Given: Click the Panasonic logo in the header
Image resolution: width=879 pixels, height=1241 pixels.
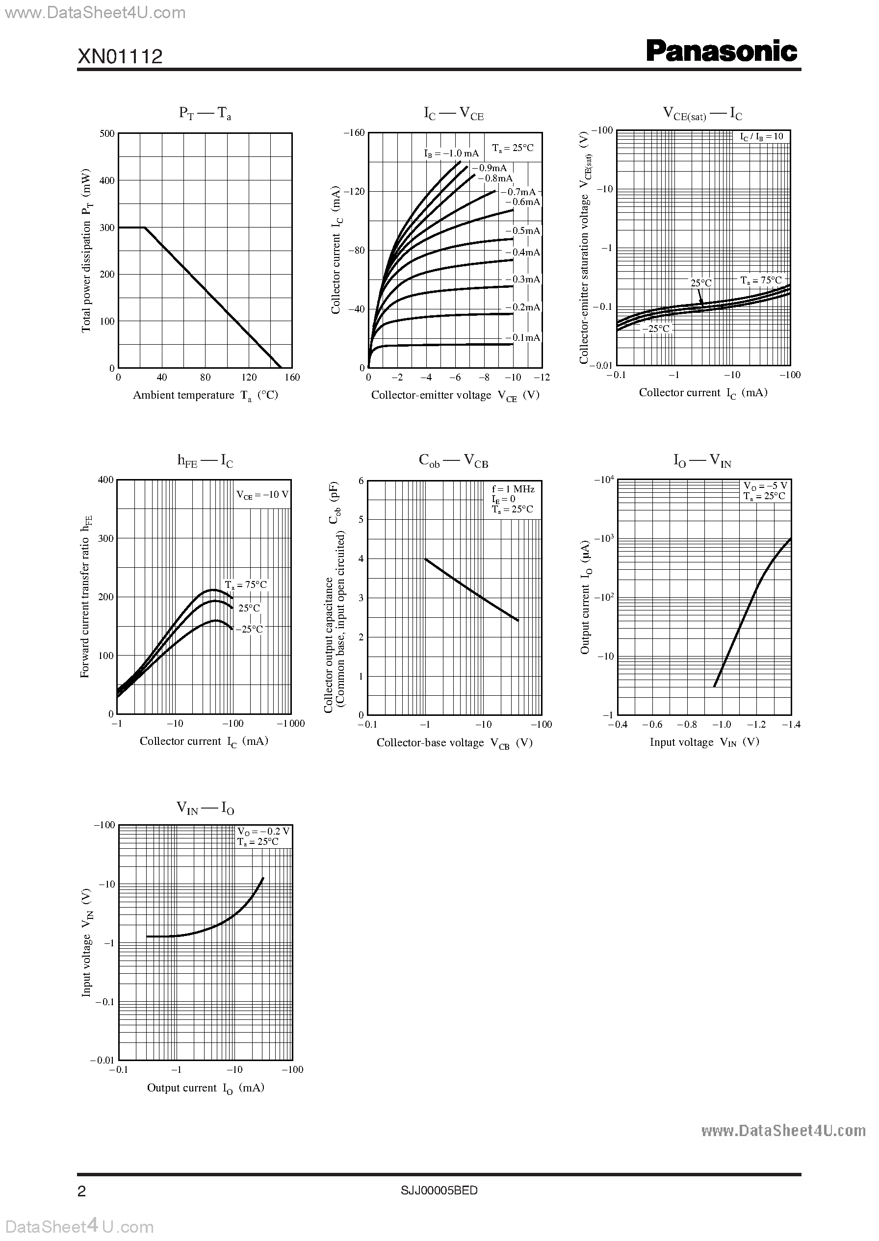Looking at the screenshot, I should pyautogui.click(x=722, y=52).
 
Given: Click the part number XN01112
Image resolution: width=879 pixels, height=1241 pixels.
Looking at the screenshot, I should pyautogui.click(x=120, y=56).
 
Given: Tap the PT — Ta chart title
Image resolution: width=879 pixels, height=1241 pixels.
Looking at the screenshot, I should pyautogui.click(x=205, y=113).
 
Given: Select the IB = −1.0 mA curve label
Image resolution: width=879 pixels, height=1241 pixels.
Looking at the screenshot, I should pyautogui.click(x=451, y=153).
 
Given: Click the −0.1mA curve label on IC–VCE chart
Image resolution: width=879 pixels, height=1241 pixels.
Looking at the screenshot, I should pyautogui.click(x=525, y=337).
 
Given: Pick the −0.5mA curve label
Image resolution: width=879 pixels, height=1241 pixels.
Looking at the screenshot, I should pyautogui.click(x=525, y=231).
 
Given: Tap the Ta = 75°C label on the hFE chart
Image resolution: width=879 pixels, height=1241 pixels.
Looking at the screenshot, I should pyautogui.click(x=246, y=585).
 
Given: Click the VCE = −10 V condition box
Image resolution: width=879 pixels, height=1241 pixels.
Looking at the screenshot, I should pyautogui.click(x=262, y=494).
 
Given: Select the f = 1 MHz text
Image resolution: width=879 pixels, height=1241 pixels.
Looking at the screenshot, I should pyautogui.click(x=513, y=489).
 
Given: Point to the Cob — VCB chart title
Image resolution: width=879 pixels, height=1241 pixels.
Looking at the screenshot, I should pyautogui.click(x=453, y=461).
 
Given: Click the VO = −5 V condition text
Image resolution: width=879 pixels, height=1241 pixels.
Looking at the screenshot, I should pyautogui.click(x=765, y=486).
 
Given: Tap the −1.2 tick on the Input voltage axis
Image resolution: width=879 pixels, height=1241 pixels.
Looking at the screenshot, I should pyautogui.click(x=756, y=724).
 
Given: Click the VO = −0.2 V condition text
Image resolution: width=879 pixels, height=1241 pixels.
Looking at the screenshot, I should pyautogui.click(x=263, y=832).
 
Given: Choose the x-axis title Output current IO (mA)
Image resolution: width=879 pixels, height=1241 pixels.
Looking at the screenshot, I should pyautogui.click(x=206, y=1088).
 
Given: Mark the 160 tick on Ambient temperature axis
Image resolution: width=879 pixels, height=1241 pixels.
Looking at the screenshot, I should pyautogui.click(x=292, y=378).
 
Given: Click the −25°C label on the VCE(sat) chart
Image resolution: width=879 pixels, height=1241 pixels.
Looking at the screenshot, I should pyautogui.click(x=656, y=329).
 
